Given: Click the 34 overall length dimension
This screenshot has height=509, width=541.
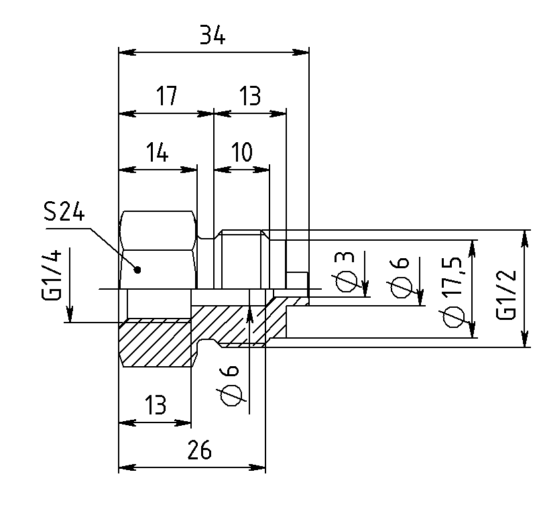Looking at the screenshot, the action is [x=213, y=35].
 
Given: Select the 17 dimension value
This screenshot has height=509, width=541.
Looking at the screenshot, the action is [x=167, y=96].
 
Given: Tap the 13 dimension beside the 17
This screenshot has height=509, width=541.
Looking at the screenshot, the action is [x=250, y=96].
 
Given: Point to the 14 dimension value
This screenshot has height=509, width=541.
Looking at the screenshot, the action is [x=158, y=152].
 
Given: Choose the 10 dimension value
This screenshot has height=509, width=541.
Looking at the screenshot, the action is [x=242, y=152].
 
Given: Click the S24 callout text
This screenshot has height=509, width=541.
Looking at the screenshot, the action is [x=64, y=211].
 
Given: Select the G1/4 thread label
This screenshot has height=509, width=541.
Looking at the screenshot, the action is [x=52, y=275].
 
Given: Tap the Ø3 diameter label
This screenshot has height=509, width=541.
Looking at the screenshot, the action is [x=345, y=272].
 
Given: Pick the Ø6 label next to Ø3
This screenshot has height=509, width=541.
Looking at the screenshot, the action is [x=400, y=277].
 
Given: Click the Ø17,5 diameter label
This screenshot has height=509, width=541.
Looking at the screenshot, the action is [x=452, y=292].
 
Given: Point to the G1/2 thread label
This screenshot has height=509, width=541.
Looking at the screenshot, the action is [x=506, y=294].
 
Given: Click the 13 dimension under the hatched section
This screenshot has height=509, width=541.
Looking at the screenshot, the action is [x=156, y=405].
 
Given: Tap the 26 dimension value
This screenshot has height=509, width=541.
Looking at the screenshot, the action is [x=199, y=449].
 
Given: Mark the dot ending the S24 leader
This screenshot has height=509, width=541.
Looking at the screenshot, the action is [x=137, y=270].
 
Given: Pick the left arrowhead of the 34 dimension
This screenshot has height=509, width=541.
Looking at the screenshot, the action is [x=127, y=52].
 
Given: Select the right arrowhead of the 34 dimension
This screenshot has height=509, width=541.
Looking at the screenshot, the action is [x=300, y=52].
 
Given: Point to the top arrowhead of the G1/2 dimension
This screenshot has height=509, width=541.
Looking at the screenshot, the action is [x=525, y=239].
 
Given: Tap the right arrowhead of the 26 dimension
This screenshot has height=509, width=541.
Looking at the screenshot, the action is [x=257, y=468].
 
